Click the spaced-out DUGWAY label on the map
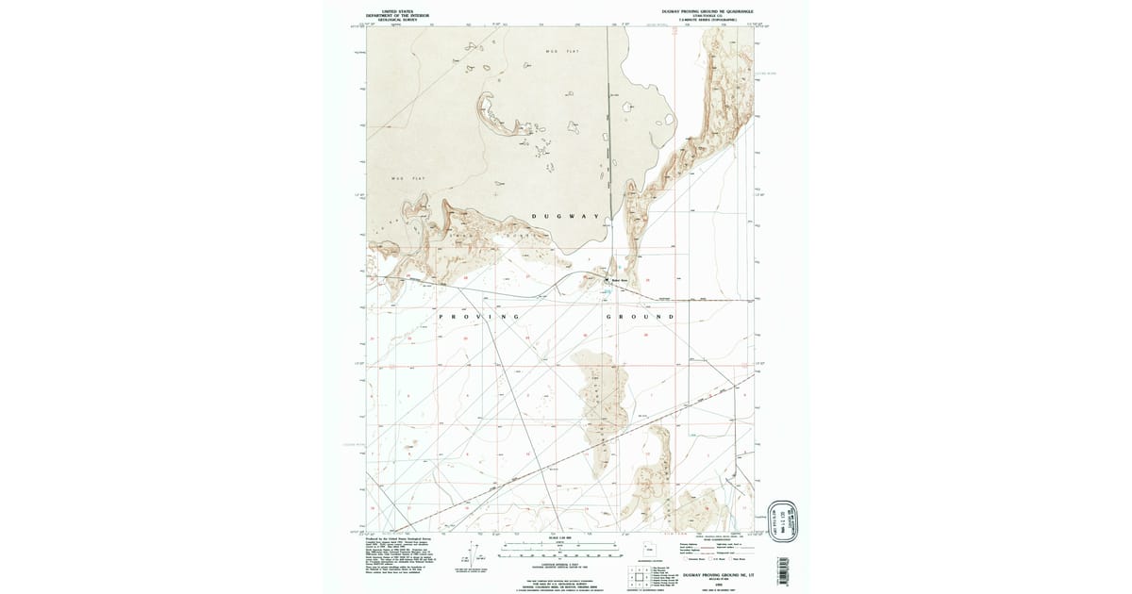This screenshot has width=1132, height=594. [565, 217]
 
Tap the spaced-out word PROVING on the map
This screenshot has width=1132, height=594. [479, 317]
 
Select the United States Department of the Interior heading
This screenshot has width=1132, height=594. [391, 14]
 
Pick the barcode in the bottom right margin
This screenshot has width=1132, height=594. [782, 571]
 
